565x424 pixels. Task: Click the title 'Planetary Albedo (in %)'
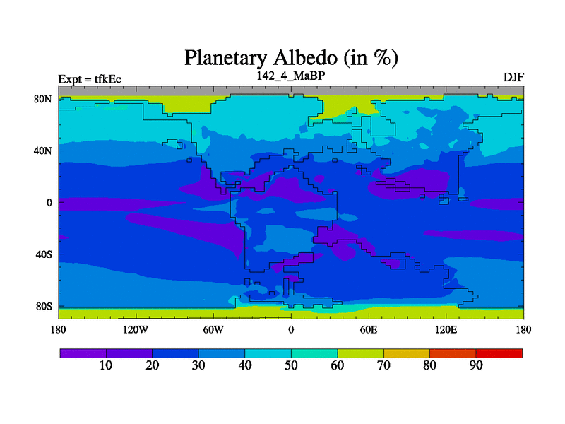coord(291,58)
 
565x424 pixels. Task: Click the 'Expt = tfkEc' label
coord(90,79)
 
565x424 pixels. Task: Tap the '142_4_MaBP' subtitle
coord(291,76)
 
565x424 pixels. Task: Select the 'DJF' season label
coord(513,77)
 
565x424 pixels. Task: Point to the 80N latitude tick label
coord(43,99)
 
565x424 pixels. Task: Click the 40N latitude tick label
coord(43,151)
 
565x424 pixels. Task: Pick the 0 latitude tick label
coord(49,203)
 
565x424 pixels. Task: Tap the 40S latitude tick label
coord(44,254)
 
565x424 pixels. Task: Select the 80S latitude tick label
coord(44,307)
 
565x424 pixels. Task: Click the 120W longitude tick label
coord(136,329)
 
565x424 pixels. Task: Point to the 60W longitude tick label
coord(213,329)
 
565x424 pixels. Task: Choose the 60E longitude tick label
coord(368,329)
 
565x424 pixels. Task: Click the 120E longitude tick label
coord(446,329)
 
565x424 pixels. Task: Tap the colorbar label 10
coord(106,365)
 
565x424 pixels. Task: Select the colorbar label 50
coord(291,365)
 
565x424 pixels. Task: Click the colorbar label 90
coord(476,365)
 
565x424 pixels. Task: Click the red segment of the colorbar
coord(499,353)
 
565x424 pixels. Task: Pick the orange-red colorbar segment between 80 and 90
coord(453,353)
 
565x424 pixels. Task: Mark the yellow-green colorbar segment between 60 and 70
coord(361,353)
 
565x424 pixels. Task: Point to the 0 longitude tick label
coord(291,329)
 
